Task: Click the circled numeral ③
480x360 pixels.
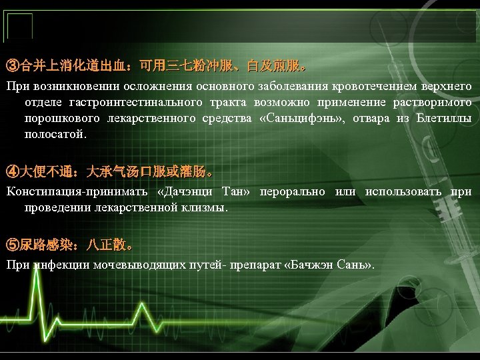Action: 13,67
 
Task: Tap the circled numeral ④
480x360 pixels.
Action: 13,172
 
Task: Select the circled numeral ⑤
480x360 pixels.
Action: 13,245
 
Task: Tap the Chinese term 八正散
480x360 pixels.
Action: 107,245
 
